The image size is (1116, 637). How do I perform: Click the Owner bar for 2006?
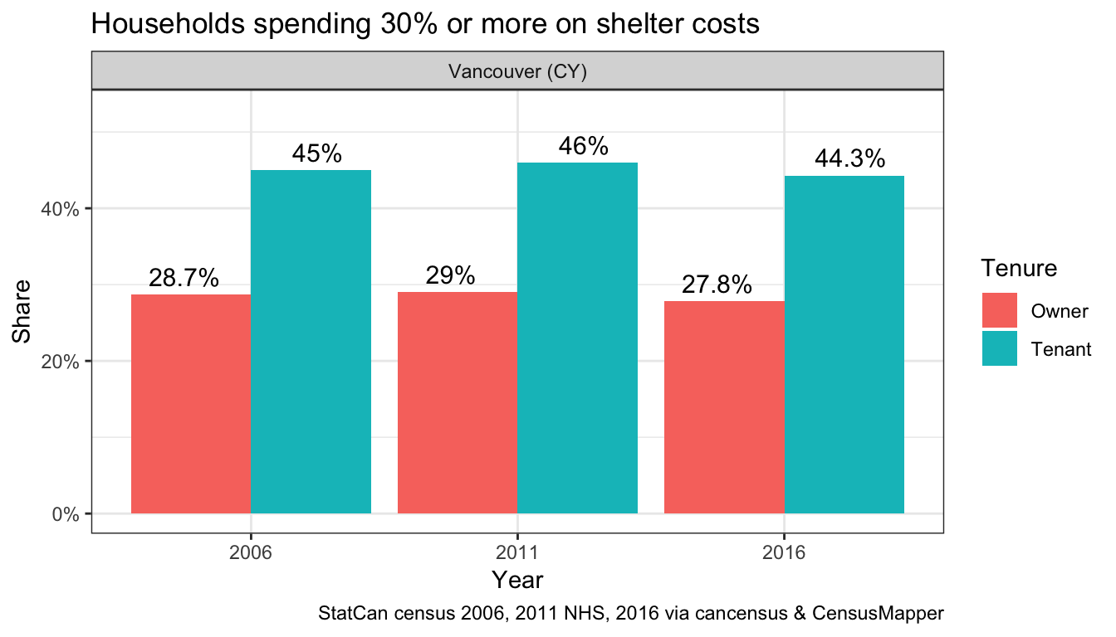[x=191, y=404]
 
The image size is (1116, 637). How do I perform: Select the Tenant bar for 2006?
[x=311, y=342]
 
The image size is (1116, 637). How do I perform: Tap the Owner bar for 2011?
[x=458, y=402]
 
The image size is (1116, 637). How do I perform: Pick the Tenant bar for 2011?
[x=577, y=338]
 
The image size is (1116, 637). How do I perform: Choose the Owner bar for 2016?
[x=724, y=407]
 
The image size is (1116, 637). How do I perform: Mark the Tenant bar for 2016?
[x=844, y=344]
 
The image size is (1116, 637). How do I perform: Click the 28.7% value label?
[x=184, y=279]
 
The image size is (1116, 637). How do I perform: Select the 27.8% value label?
[x=717, y=285]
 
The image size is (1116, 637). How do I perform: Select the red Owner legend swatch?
[x=999, y=310]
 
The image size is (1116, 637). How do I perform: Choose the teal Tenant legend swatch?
[x=999, y=348]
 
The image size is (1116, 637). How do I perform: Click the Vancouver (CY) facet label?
[x=517, y=72]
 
